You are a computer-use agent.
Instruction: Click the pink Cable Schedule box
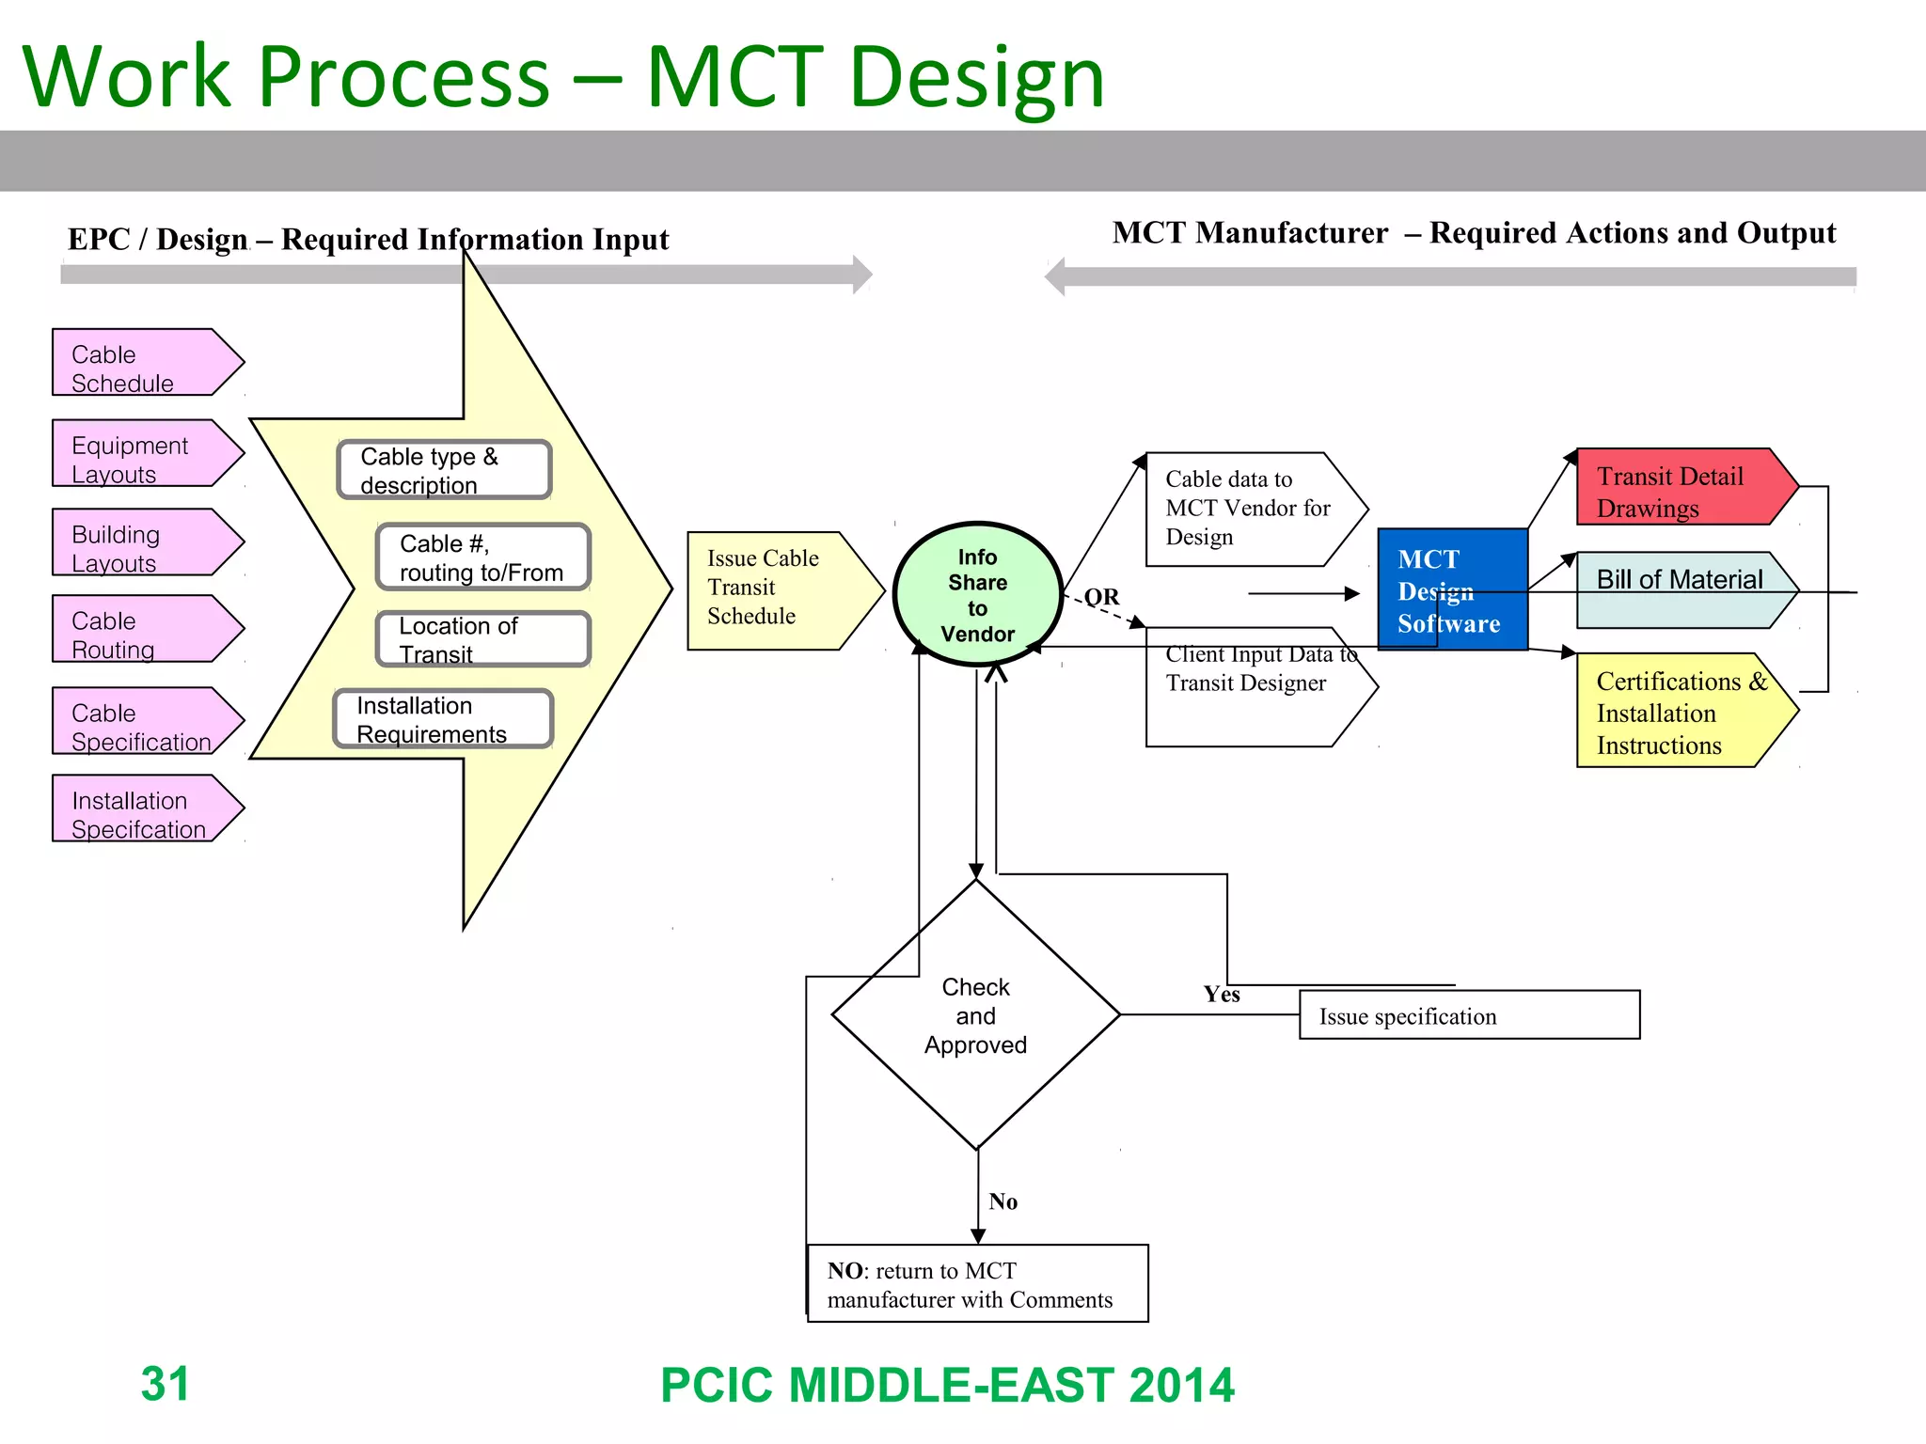tap(141, 363)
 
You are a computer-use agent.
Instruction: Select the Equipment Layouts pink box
tap(141, 454)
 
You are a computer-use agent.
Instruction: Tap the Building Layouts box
tap(141, 542)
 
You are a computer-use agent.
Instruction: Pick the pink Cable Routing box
tap(141, 629)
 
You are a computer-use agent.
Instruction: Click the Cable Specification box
tap(141, 721)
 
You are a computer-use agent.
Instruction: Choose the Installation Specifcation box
tap(141, 808)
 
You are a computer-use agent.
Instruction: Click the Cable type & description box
tap(444, 470)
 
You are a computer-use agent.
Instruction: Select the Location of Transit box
tap(482, 639)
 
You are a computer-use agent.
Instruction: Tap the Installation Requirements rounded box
tap(443, 719)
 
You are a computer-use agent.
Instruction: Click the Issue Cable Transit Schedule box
tap(776, 590)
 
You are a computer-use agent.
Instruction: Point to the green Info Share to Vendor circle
tap(977, 594)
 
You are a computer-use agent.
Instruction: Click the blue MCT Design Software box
tap(1451, 589)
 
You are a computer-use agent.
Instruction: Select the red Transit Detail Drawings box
tap(1679, 488)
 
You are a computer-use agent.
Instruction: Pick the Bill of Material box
tap(1679, 589)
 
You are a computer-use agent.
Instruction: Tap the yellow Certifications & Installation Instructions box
tap(1679, 712)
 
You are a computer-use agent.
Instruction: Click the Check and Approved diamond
tap(975, 1015)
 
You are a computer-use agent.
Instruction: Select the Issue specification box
tap(1468, 1015)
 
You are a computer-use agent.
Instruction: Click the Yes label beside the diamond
tap(1222, 995)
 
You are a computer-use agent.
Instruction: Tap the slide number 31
tap(166, 1384)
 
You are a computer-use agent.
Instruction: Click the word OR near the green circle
tap(1101, 597)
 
